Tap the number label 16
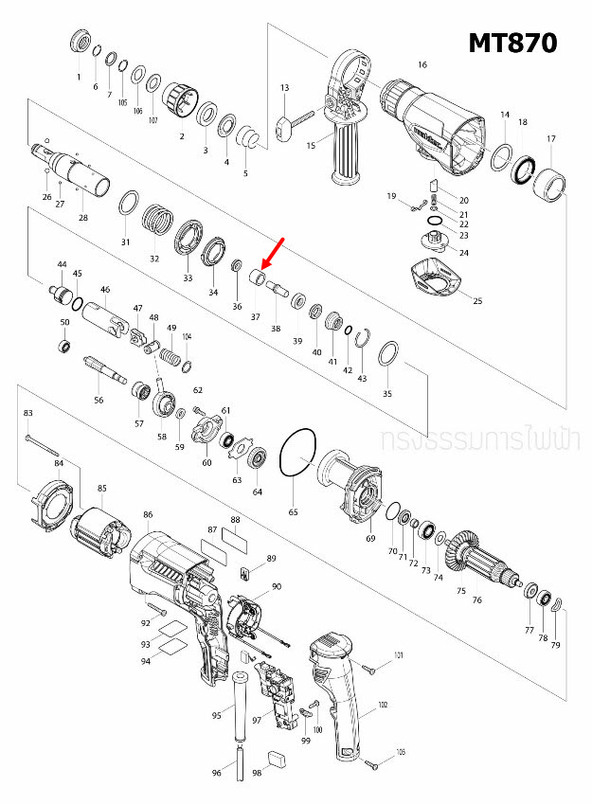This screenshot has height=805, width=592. point(422,65)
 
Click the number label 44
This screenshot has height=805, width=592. point(62,264)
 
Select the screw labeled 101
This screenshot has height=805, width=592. point(371,669)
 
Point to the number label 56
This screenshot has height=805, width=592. point(99,401)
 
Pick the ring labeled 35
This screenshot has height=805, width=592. point(387,356)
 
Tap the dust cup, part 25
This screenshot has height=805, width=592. point(441,281)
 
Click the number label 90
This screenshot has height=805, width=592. point(277,587)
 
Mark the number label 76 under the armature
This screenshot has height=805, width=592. point(476,599)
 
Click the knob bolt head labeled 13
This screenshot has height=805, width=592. point(282,127)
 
